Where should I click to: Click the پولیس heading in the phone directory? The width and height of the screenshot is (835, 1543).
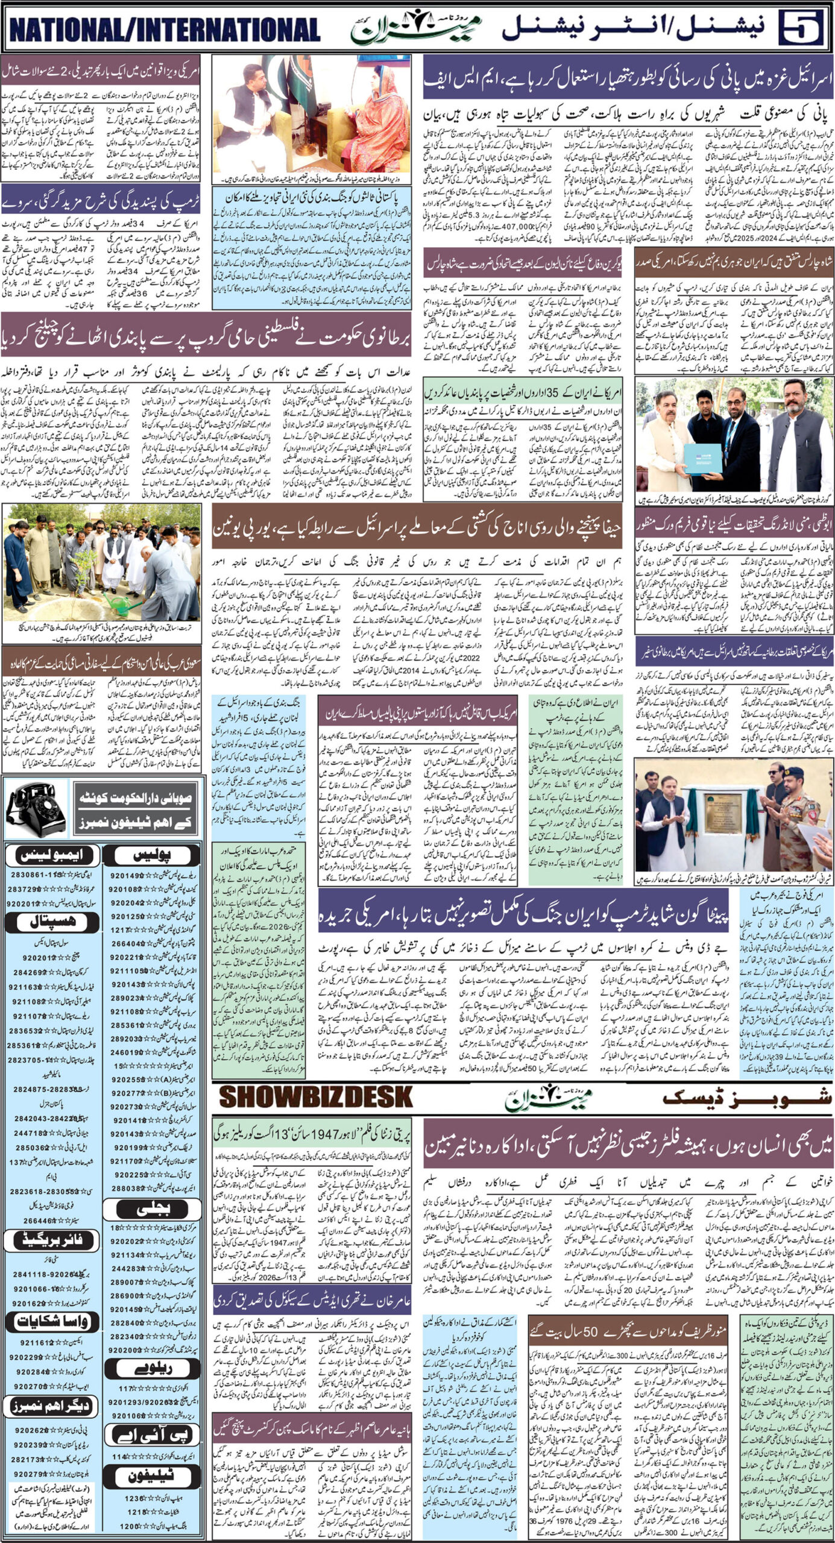point(155,855)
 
